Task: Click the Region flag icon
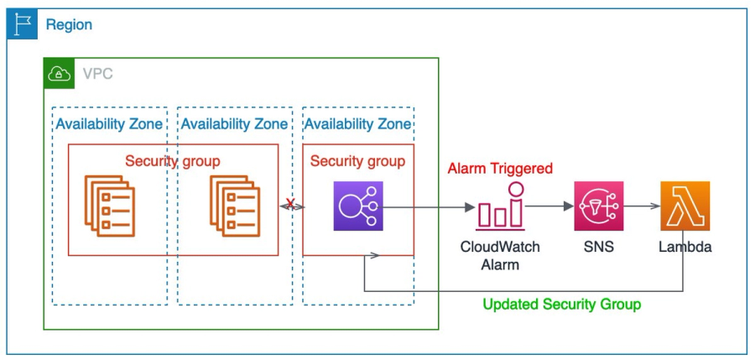(23, 24)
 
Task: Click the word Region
(69, 25)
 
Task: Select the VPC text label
(97, 74)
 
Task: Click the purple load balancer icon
(358, 206)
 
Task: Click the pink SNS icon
(599, 206)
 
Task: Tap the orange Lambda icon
(685, 206)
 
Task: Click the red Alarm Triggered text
(500, 169)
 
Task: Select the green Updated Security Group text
(562, 304)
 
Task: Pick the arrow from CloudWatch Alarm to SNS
(549, 206)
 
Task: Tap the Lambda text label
(685, 248)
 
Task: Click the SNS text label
(599, 248)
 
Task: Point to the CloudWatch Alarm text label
(500, 256)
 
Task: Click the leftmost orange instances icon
(109, 206)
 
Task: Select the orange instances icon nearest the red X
(234, 206)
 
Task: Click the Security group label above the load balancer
(357, 161)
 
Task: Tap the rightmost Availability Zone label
(357, 124)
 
